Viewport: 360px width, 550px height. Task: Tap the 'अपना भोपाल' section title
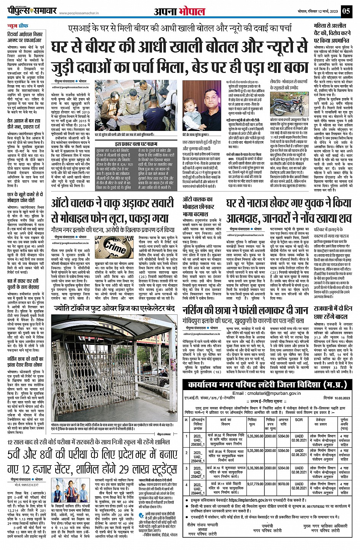click(179, 11)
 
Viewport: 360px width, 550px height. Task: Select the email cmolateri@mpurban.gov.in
click(266, 393)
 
